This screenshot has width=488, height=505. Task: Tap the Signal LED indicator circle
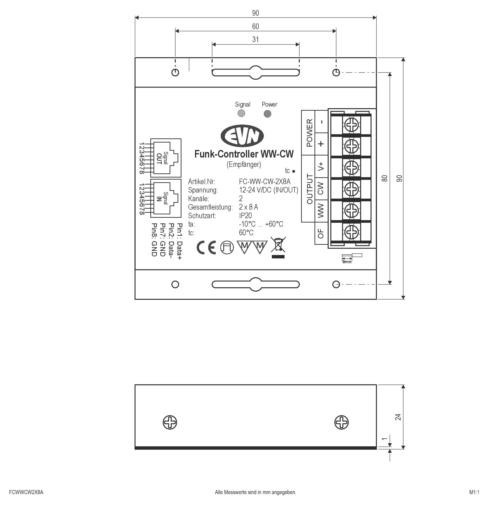pyautogui.click(x=241, y=113)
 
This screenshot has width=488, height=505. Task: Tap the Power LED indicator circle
pyautogui.click(x=268, y=114)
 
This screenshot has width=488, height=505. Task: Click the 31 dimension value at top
pyautogui.click(x=255, y=39)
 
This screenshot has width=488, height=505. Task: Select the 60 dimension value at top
pyautogui.click(x=255, y=26)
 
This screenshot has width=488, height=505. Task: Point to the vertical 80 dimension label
pyautogui.click(x=384, y=178)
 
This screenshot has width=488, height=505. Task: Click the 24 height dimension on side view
pyautogui.click(x=398, y=417)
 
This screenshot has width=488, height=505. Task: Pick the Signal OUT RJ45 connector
pyautogui.click(x=166, y=158)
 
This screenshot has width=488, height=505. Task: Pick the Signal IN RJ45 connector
pyautogui.click(x=166, y=198)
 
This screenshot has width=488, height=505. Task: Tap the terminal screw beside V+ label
pyautogui.click(x=351, y=168)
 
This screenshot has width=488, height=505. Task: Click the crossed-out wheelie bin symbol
pyautogui.click(x=278, y=247)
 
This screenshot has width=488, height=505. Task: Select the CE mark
pyautogui.click(x=206, y=248)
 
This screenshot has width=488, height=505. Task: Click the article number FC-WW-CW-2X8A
pyautogui.click(x=265, y=182)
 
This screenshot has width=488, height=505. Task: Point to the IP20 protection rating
pyautogui.click(x=245, y=216)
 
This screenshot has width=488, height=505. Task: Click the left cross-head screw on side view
pyautogui.click(x=170, y=422)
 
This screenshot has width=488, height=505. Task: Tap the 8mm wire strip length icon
pyautogui.click(x=351, y=258)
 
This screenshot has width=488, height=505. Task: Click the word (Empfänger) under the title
pyautogui.click(x=244, y=164)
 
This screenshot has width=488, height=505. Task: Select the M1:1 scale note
pyautogui.click(x=474, y=492)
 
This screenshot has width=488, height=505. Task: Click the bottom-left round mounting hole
pyautogui.click(x=175, y=285)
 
